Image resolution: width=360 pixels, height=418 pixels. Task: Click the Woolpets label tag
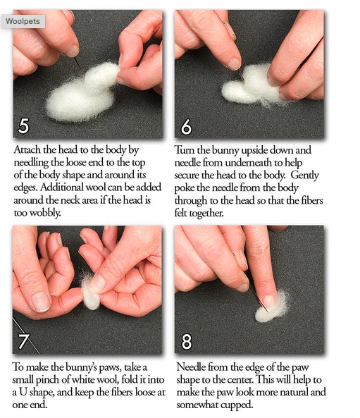tap(23, 21)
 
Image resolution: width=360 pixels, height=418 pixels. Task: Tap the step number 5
tap(23, 126)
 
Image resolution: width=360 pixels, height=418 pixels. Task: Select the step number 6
tap(186, 127)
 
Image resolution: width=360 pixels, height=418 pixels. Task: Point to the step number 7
tap(24, 341)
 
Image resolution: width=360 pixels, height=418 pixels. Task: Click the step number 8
tap(187, 342)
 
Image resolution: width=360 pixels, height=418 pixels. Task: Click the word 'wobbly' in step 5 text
tap(45, 213)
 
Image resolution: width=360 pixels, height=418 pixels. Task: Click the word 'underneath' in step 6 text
tap(249, 163)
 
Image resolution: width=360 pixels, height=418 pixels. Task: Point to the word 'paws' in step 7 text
tap(109, 368)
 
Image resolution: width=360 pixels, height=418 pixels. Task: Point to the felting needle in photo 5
tap(79, 65)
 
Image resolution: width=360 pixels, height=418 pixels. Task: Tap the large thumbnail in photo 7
tap(41, 302)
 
